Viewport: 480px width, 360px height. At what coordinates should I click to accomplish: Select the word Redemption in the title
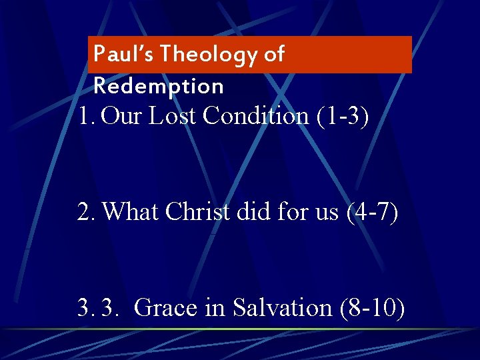click(x=159, y=86)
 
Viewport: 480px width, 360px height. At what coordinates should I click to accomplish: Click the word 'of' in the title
click(x=274, y=54)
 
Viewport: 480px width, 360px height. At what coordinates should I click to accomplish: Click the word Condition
click(x=255, y=116)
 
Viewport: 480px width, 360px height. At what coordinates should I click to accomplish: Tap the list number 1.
click(x=85, y=116)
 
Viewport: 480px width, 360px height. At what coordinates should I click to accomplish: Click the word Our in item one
click(x=122, y=116)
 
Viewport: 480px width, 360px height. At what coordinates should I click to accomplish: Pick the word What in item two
click(x=131, y=212)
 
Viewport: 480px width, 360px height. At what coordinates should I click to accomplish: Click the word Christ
click(x=193, y=212)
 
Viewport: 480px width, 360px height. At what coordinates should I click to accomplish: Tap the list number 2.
click(x=85, y=212)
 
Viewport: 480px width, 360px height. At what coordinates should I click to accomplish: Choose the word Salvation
click(x=283, y=308)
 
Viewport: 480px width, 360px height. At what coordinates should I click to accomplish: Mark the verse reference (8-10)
click(x=371, y=308)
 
